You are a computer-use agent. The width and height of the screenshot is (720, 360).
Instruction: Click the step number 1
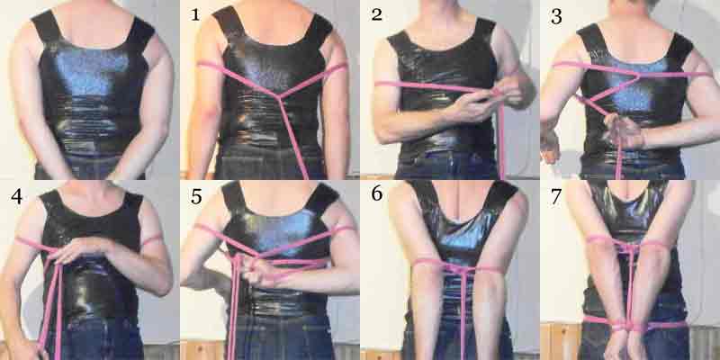tap(195, 14)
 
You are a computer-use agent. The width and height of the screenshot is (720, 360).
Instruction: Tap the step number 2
tap(376, 14)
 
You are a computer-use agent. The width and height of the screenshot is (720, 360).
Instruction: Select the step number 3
tap(556, 16)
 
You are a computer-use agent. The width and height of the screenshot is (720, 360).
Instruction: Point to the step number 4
tap(16, 196)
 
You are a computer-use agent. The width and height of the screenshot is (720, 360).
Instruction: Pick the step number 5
tap(196, 196)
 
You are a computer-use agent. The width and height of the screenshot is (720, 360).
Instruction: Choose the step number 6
tap(376, 193)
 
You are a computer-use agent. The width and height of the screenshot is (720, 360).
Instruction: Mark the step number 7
tap(556, 196)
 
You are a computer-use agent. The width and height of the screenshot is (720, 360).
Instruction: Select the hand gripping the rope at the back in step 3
tap(620, 130)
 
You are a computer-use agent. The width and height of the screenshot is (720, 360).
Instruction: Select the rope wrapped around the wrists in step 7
tap(630, 326)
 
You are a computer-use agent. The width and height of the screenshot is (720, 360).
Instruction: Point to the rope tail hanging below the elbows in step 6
tap(463, 317)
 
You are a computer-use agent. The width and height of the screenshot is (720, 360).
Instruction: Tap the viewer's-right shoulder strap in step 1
tap(319, 29)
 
